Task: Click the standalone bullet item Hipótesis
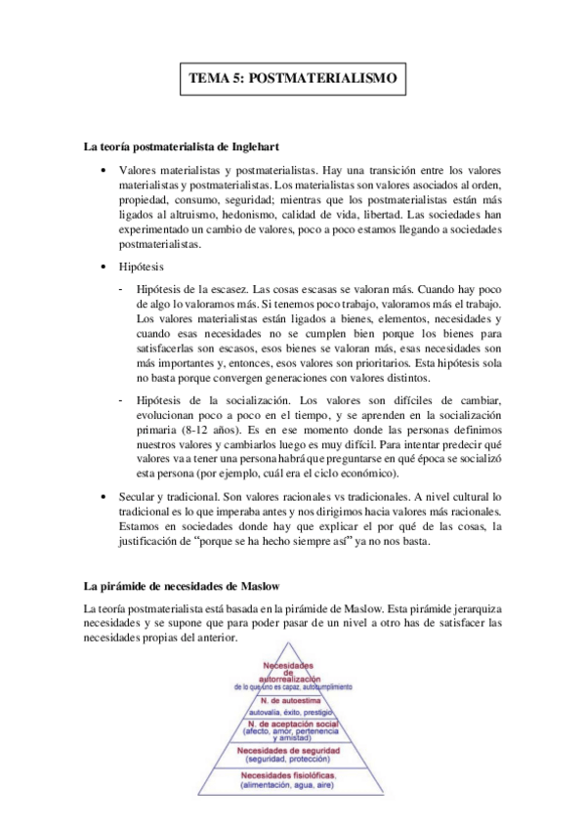[x=143, y=266]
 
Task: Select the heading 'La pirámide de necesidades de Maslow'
[x=182, y=586]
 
